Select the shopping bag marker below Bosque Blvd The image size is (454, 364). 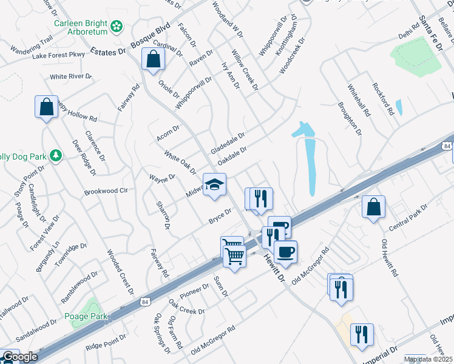click(x=154, y=59)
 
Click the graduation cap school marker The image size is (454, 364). click(x=214, y=184)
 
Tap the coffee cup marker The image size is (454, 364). click(x=285, y=251)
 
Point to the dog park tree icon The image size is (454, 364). click(x=55, y=156)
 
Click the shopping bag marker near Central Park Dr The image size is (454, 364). click(x=373, y=206)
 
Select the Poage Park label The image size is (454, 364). click(x=86, y=316)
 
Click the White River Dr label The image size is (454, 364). click(x=70, y=77)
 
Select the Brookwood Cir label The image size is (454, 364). click(x=107, y=191)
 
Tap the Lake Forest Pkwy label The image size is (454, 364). click(x=59, y=55)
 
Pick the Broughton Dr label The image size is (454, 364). click(x=350, y=118)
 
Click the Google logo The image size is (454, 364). click(x=19, y=357)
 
